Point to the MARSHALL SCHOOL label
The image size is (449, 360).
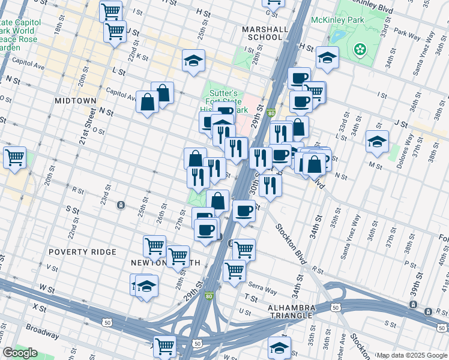point(262,33)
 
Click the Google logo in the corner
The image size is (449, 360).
point(20,353)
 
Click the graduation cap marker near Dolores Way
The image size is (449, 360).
point(377,142)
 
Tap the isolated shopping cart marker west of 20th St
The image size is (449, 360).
point(14,158)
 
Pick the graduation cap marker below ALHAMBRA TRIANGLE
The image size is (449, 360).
point(279,347)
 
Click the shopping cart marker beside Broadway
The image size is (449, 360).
point(164,346)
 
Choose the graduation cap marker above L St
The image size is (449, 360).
point(193,60)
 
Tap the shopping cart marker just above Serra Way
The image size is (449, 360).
point(234,270)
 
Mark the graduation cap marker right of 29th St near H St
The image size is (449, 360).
point(327,58)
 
